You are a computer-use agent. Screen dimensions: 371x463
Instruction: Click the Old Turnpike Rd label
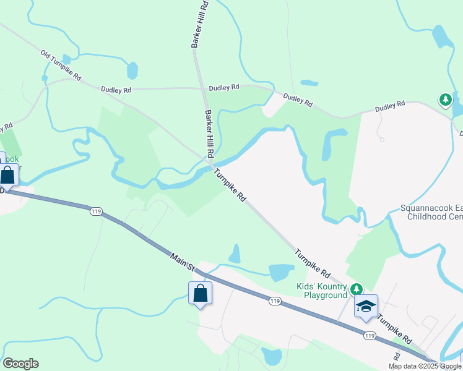(x=61, y=66)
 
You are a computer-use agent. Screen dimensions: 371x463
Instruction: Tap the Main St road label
(x=183, y=260)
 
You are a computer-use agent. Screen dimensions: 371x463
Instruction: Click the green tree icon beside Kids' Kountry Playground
(x=356, y=289)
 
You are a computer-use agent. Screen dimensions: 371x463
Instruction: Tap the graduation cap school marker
(x=366, y=306)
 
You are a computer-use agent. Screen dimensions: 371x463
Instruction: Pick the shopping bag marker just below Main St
(x=200, y=293)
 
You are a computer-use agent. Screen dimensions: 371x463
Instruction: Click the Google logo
(x=20, y=364)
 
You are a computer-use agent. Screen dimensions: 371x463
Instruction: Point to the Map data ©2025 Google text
(x=424, y=366)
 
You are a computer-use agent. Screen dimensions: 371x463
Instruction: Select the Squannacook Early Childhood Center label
(x=431, y=213)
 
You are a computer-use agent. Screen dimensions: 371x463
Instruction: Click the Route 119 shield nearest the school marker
(x=370, y=335)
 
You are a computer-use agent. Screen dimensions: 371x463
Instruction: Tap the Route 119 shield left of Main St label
(x=95, y=211)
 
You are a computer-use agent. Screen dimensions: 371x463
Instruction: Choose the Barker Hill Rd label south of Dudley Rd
(x=209, y=134)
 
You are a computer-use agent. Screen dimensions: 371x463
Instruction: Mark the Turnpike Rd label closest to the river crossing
(x=230, y=187)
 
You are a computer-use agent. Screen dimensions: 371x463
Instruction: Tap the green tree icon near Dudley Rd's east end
(x=445, y=99)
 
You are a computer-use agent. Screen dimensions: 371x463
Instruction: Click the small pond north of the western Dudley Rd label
(x=132, y=71)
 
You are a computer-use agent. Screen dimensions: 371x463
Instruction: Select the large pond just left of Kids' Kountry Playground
(x=281, y=272)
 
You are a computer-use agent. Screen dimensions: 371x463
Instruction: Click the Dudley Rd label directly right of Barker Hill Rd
(x=223, y=88)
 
